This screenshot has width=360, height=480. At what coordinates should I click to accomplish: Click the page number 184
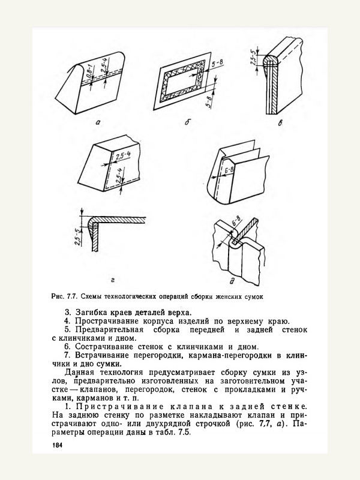coord(58,445)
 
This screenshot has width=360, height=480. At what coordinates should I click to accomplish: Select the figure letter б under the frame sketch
coord(188,123)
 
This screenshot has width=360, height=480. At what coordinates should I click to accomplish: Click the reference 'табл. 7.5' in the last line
coord(174,435)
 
